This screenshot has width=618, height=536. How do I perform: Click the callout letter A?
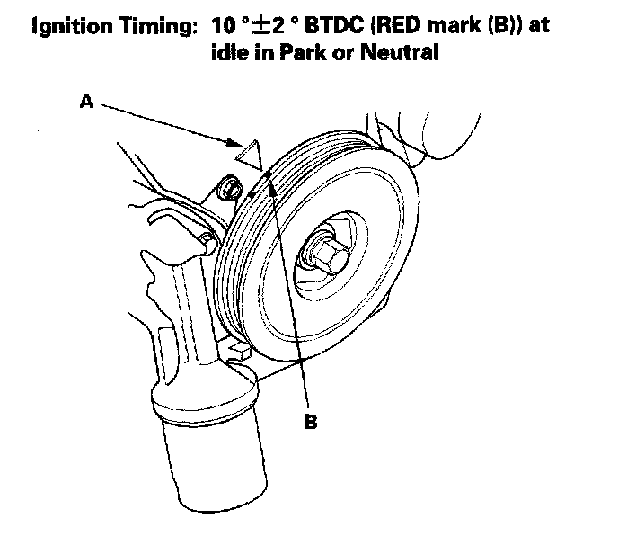87,101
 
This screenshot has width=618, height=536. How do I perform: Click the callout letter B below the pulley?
311,421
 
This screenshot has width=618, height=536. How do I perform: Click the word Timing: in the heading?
158,27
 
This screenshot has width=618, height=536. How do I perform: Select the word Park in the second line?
303,51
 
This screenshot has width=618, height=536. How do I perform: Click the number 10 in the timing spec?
224,26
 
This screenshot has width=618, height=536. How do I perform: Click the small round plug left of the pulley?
229,187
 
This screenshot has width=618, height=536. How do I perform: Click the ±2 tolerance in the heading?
268,26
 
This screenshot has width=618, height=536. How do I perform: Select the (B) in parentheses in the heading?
505,25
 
